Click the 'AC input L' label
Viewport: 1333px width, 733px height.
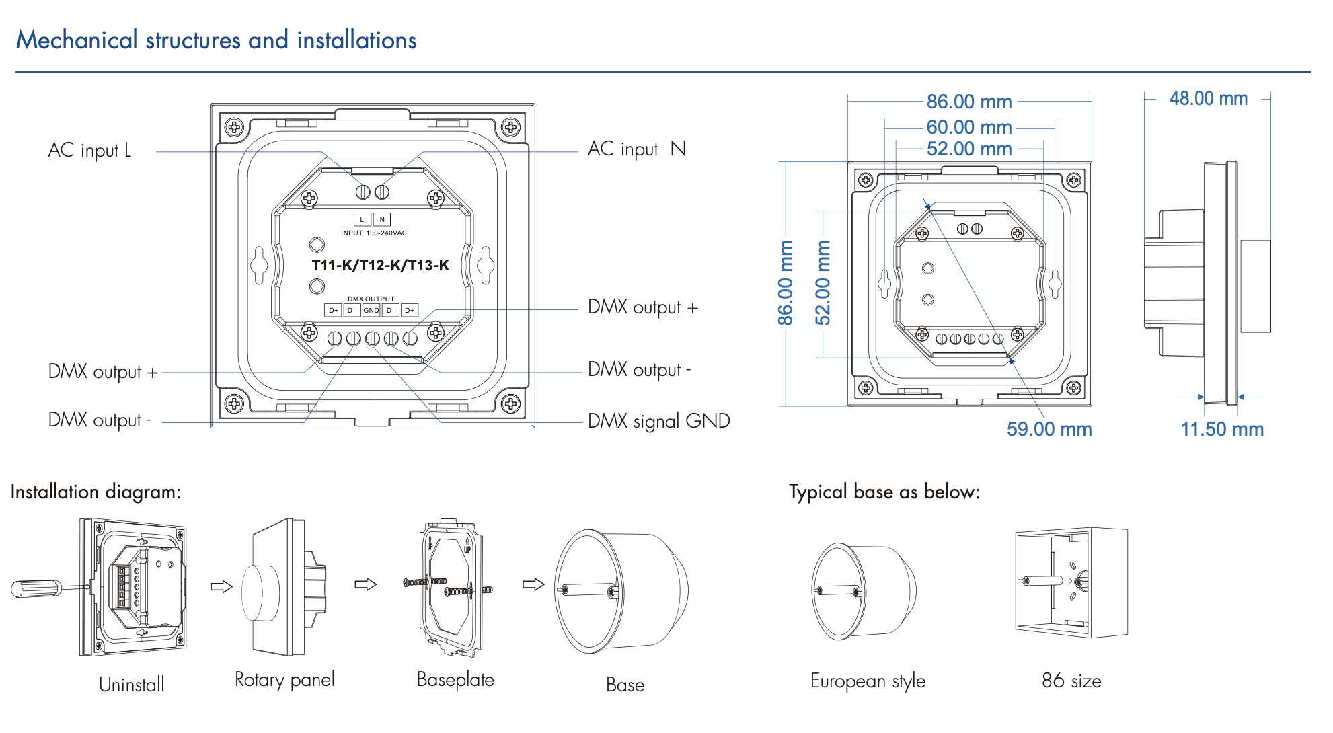(x=89, y=150)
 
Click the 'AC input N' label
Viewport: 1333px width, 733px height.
(x=636, y=149)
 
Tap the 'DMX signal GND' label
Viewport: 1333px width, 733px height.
(x=658, y=421)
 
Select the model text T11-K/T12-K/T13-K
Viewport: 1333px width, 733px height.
(x=380, y=265)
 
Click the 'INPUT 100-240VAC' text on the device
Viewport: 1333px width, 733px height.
(x=373, y=233)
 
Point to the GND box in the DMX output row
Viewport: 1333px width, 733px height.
(x=371, y=310)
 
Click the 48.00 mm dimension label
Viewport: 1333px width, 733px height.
(x=1208, y=99)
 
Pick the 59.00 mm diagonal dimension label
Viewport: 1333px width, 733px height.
(x=1049, y=429)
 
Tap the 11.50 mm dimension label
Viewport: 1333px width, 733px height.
(x=1222, y=429)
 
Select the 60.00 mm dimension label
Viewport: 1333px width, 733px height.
(x=968, y=127)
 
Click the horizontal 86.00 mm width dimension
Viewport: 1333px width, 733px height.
(x=968, y=102)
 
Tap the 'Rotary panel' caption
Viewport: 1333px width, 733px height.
(x=284, y=680)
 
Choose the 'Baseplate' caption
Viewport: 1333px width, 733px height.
(x=455, y=680)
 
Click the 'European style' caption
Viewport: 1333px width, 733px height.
(x=868, y=681)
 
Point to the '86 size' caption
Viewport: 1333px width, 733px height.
(x=1071, y=681)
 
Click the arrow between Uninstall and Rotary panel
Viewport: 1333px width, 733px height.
(x=221, y=586)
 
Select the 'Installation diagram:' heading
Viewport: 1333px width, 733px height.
(x=96, y=492)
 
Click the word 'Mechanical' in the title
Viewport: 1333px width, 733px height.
(x=77, y=40)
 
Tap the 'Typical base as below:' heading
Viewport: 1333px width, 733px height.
(x=884, y=492)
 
